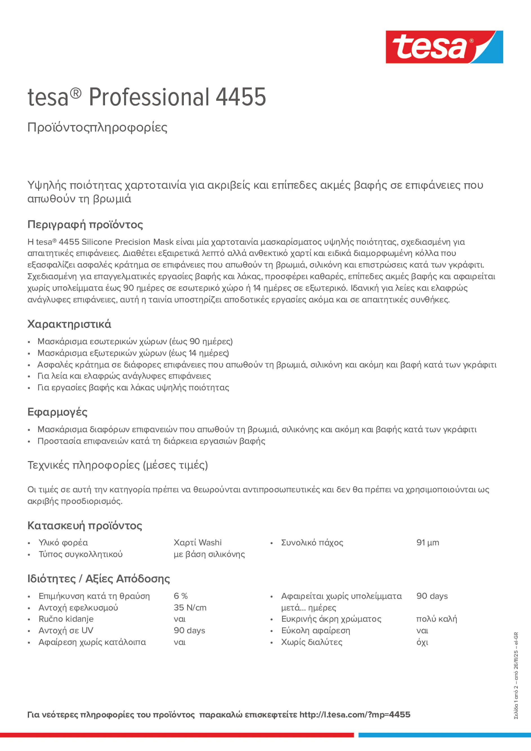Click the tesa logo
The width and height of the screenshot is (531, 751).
tap(444, 47)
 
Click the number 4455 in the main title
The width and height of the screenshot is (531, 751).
tap(241, 97)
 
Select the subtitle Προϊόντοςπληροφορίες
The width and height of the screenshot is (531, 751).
tap(97, 127)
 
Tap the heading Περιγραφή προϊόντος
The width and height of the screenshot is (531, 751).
tap(85, 224)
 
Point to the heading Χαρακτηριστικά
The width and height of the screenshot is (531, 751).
tap(69, 324)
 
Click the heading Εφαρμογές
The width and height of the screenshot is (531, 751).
tap(57, 412)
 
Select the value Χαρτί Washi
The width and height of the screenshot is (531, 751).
tap(198, 543)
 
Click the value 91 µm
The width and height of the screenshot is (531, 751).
tap(427, 543)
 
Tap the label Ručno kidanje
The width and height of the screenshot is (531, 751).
tap(66, 619)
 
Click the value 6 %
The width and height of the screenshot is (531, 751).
tap(180, 596)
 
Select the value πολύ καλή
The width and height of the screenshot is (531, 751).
tap(436, 619)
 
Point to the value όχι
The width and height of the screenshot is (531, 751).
tap(422, 642)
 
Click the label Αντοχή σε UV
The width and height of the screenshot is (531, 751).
tap(66, 631)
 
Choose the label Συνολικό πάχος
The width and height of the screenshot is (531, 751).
tap(312, 543)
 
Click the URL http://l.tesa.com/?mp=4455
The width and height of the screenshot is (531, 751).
tap(355, 715)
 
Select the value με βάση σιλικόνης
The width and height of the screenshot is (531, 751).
tap(209, 554)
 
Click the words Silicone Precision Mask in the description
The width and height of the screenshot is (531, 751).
tap(127, 242)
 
